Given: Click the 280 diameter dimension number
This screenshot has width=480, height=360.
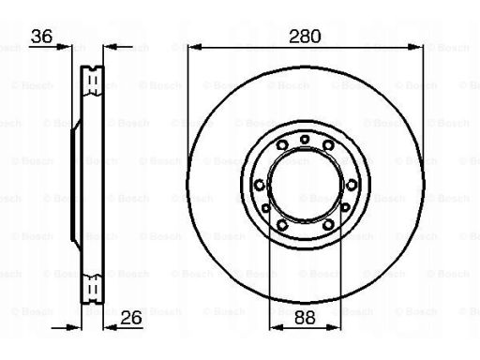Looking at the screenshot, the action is point(305,37).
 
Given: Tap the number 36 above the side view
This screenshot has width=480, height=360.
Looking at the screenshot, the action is point(42,37).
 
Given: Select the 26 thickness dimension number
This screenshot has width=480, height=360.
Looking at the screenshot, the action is point(131,318).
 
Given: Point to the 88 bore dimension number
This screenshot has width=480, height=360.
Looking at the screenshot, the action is point(305,318).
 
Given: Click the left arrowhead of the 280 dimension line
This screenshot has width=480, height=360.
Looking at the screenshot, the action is point(194,48).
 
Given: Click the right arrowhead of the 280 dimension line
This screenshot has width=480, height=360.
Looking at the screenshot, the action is point(416,48).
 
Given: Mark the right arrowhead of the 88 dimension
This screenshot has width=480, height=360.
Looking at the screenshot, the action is point(334,327).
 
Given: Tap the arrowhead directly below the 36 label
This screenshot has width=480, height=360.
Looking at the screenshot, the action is point(65,48).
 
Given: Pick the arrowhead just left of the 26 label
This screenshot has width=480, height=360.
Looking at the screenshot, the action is point(110,327).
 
